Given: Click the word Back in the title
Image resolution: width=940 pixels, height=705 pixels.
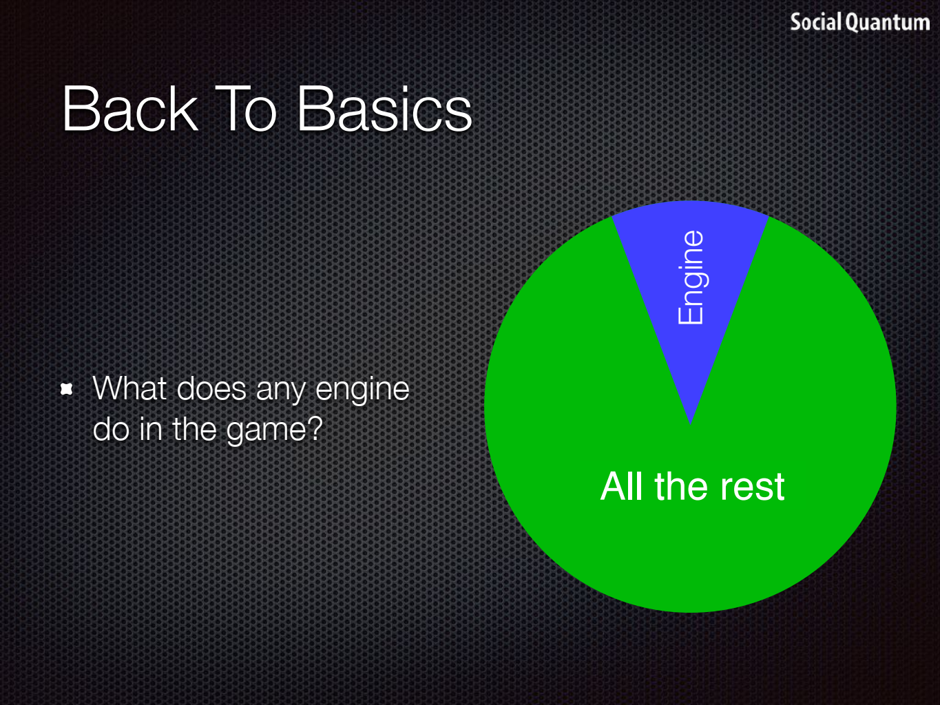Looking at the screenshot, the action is (x=130, y=108).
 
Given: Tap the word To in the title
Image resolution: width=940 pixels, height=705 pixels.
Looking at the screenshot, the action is (x=246, y=108).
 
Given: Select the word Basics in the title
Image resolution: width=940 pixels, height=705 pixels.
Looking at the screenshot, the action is (x=384, y=108).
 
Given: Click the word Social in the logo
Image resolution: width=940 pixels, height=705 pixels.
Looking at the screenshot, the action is (x=815, y=22).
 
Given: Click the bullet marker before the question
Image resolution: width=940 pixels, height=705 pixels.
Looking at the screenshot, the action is (x=66, y=389).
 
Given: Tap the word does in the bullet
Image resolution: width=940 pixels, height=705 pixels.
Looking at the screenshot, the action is (x=211, y=388).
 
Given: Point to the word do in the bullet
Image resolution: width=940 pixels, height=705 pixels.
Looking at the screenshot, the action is (x=111, y=429).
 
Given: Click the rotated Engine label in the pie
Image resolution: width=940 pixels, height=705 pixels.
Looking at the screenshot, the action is (x=690, y=277).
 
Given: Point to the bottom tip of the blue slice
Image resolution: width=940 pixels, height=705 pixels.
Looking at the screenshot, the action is (x=690, y=424).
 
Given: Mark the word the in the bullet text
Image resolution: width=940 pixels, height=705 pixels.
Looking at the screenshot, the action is (x=195, y=429).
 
